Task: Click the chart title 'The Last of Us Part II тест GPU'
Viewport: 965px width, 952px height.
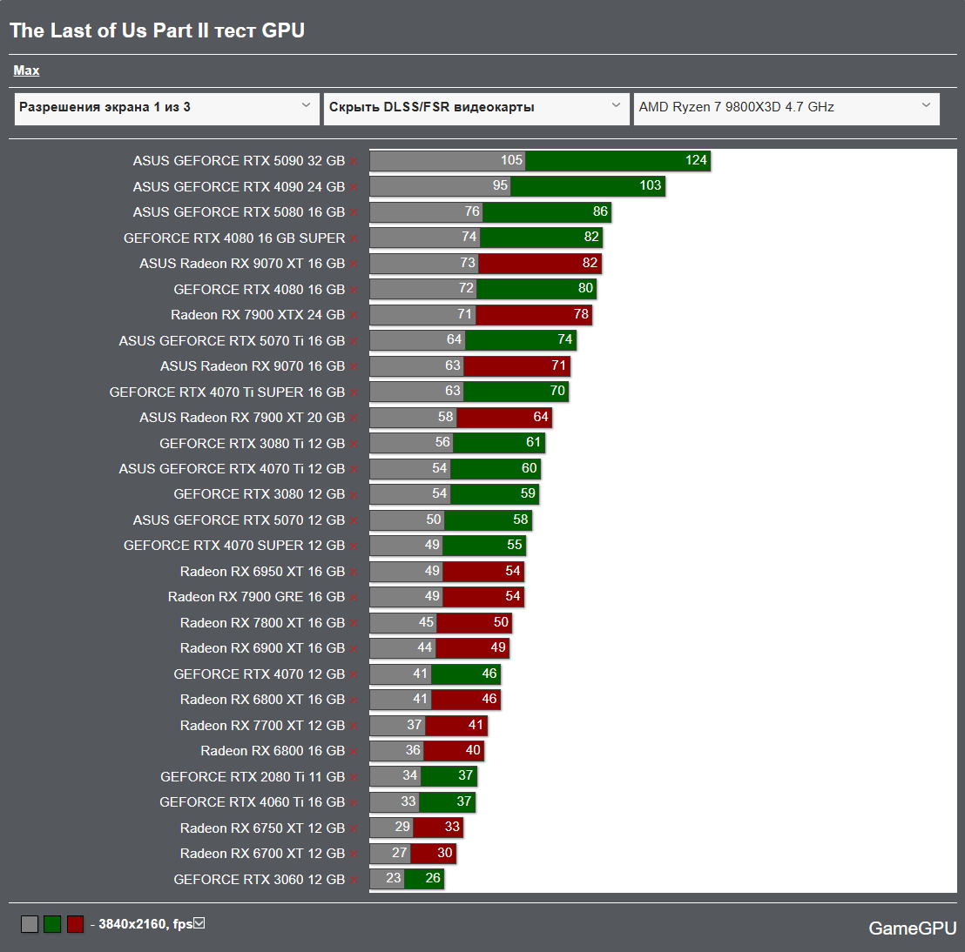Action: (157, 30)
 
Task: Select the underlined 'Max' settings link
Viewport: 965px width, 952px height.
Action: (26, 70)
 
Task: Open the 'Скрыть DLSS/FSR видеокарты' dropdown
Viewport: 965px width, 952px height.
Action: (476, 108)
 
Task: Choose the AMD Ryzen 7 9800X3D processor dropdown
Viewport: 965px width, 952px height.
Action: (786, 108)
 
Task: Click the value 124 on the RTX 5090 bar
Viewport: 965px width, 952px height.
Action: (696, 160)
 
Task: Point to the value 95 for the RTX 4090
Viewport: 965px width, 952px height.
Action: (500, 185)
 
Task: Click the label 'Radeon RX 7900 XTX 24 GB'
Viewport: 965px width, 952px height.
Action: (258, 314)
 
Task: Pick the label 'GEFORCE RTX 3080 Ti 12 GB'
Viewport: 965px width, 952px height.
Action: (252, 443)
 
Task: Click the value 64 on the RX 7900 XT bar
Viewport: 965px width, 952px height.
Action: (541, 417)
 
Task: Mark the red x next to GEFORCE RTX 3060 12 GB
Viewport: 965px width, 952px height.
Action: (354, 880)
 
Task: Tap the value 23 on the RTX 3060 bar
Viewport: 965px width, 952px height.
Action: (394, 878)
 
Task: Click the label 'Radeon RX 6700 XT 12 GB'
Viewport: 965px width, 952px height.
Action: (262, 853)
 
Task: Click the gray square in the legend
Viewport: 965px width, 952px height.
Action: (30, 924)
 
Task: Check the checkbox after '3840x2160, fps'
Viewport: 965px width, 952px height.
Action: (199, 923)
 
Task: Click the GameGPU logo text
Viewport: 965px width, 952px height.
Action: (912, 929)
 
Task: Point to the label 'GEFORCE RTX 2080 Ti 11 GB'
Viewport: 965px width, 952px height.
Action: (253, 776)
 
